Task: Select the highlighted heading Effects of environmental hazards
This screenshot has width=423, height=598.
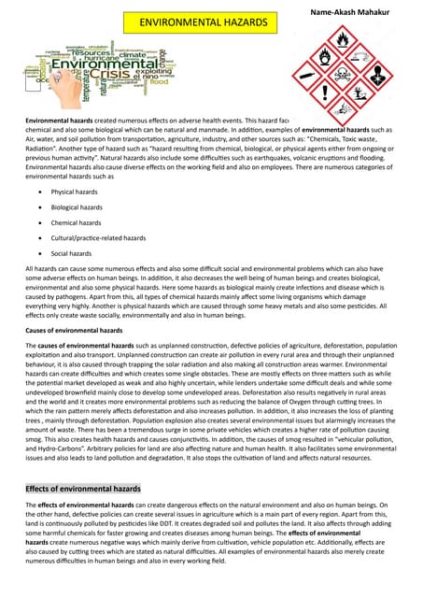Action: tap(83, 488)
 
